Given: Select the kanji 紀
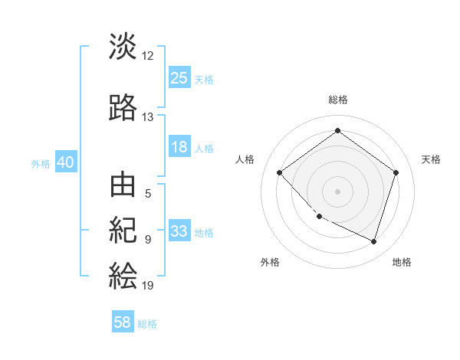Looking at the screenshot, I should (x=123, y=230).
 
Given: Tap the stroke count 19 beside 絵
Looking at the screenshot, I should (x=148, y=286).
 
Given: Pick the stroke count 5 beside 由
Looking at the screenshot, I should (x=148, y=194).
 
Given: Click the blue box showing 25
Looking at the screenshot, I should (x=179, y=78).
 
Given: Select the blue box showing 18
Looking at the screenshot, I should (x=179, y=147).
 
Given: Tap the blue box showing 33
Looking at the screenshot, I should (x=179, y=231).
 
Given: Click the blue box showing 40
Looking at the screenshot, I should (x=65, y=162).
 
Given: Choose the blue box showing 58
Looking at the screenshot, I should (x=123, y=322).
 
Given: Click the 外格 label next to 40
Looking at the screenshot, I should (x=41, y=163).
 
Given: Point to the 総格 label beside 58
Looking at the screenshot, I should (x=147, y=324).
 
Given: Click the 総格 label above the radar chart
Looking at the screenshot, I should (x=337, y=100).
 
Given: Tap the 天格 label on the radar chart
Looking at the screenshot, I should (x=431, y=159).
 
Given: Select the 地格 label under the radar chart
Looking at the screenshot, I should (x=402, y=262).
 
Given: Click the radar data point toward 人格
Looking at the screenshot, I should (x=280, y=172).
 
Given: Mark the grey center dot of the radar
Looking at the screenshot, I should (x=337, y=191).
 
